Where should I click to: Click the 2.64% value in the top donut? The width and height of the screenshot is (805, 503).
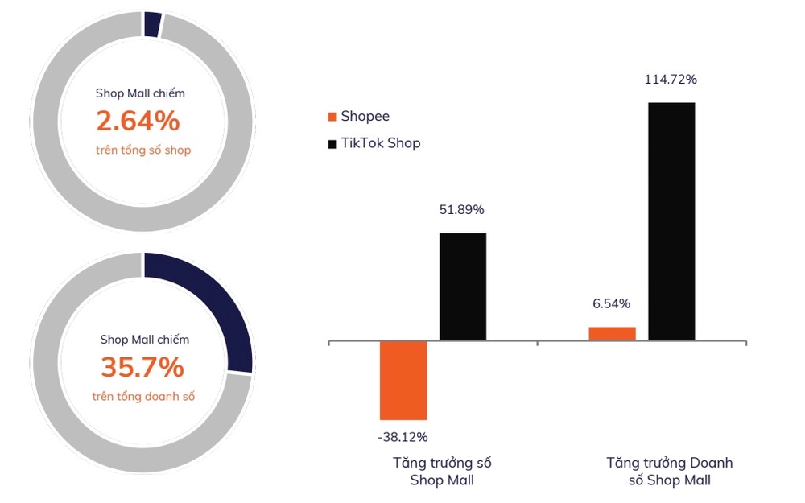tap(138, 121)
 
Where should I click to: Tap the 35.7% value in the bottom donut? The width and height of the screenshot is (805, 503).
tap(142, 367)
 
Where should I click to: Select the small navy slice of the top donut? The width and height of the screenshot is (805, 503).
tap(152, 25)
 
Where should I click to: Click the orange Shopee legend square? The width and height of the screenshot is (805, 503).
tap(332, 118)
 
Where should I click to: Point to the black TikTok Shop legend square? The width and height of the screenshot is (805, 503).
tap(332, 144)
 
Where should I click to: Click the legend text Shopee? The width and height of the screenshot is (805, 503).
tap(365, 117)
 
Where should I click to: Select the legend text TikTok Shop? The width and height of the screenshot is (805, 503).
tap(380, 143)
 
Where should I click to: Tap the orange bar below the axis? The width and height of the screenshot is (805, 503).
tap(403, 380)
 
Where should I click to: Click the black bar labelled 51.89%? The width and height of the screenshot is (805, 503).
tap(462, 287)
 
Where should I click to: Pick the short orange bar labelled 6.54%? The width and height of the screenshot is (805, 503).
tap(612, 333)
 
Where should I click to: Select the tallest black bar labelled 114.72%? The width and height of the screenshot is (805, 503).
tap(671, 221)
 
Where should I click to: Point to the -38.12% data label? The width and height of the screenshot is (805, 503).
tap(402, 437)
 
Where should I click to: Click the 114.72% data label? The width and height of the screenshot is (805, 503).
tap(670, 80)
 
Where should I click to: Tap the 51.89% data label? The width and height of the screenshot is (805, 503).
tap(461, 210)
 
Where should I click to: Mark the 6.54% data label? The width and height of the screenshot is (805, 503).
tap(611, 303)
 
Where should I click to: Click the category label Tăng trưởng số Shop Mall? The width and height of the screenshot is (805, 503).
tap(442, 472)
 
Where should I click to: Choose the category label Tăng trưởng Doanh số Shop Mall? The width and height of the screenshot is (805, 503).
tap(669, 472)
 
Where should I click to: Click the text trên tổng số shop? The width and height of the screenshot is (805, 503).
tap(143, 150)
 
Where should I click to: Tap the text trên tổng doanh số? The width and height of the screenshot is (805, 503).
tap(143, 396)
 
